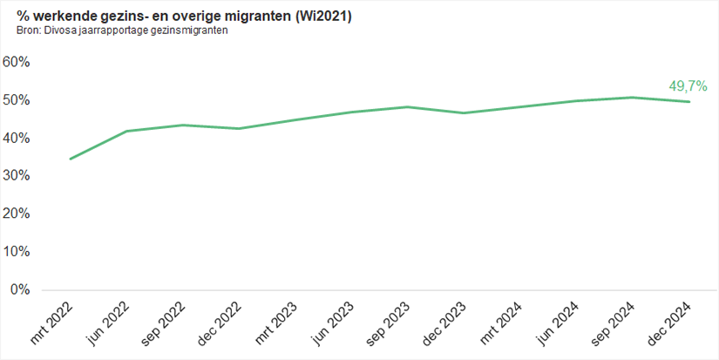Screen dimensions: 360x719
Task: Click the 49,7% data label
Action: pyautogui.click(x=688, y=86)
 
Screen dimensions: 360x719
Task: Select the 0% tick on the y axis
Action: pyautogui.click(x=22, y=289)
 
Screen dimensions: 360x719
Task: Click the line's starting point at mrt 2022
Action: pyautogui.click(x=71, y=159)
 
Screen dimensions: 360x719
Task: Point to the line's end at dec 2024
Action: pyautogui.click(x=690, y=102)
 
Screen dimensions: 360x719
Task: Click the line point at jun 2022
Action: pyautogui.click(x=127, y=132)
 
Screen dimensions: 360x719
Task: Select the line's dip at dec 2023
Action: pyautogui.click(x=465, y=113)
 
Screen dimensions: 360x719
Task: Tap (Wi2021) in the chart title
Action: pyautogui.click(x=322, y=17)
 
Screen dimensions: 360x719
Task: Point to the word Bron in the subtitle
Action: pyautogui.click(x=27, y=31)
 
